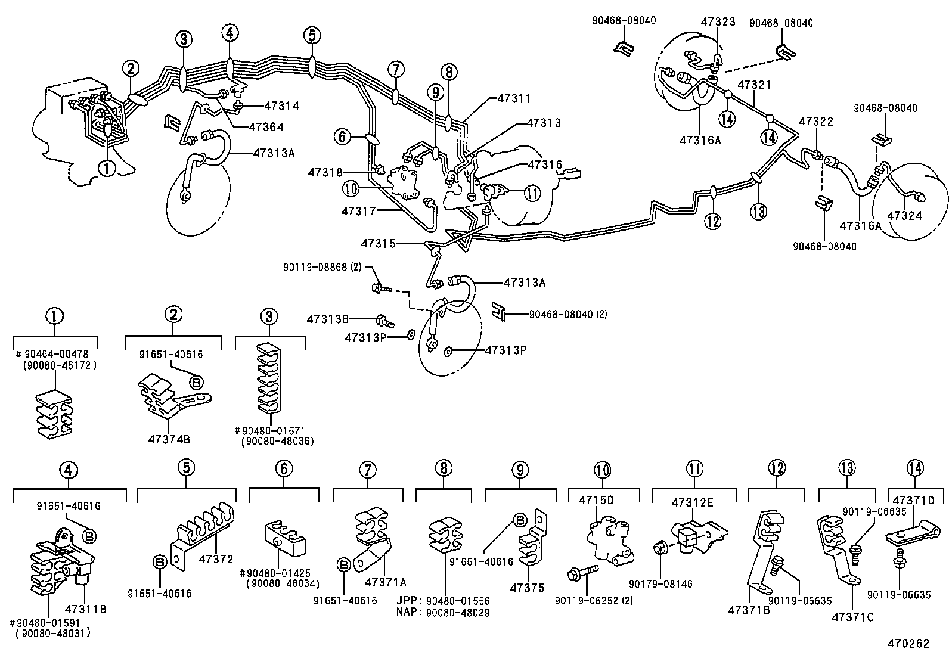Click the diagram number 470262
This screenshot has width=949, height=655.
pos(908,644)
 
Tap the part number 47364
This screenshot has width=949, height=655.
pos(266,127)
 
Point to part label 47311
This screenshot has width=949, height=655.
pos(514,98)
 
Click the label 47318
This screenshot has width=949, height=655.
pos(325,173)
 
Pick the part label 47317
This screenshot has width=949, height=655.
pos(358,211)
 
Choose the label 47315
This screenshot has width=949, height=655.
pos(378,243)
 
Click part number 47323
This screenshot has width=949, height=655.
pos(718,21)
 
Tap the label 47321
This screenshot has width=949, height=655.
pos(755,85)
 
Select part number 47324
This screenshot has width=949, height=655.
pos(905,216)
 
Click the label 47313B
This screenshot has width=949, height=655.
pos(328,319)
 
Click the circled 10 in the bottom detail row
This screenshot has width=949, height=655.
pos(603,470)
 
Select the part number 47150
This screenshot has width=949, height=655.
pos(595,501)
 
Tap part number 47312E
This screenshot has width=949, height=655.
pos(693,503)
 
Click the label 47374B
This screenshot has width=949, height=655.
pos(169,439)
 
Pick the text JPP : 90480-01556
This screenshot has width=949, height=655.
pos(442,601)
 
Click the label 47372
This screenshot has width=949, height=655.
pos(215,558)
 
